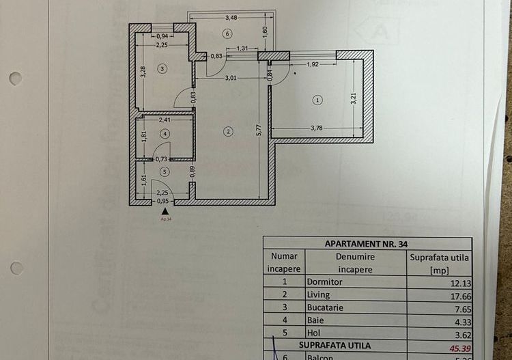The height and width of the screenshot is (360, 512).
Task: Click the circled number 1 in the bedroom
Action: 317,100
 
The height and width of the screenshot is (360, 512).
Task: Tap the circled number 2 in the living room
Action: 229,131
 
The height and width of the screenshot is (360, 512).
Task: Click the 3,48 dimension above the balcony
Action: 231,18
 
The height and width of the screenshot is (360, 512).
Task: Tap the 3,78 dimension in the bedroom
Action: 317,127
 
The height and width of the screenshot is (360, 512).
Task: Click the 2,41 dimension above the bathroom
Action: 165,120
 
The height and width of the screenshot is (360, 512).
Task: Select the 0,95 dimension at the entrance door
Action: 162,201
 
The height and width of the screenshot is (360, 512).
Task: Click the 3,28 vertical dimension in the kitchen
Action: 143,72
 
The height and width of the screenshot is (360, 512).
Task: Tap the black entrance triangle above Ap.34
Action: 165,212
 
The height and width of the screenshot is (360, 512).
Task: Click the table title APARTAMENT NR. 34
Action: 367,243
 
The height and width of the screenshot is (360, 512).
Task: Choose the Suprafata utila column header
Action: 439,263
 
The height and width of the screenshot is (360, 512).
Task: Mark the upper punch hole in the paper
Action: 16,78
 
